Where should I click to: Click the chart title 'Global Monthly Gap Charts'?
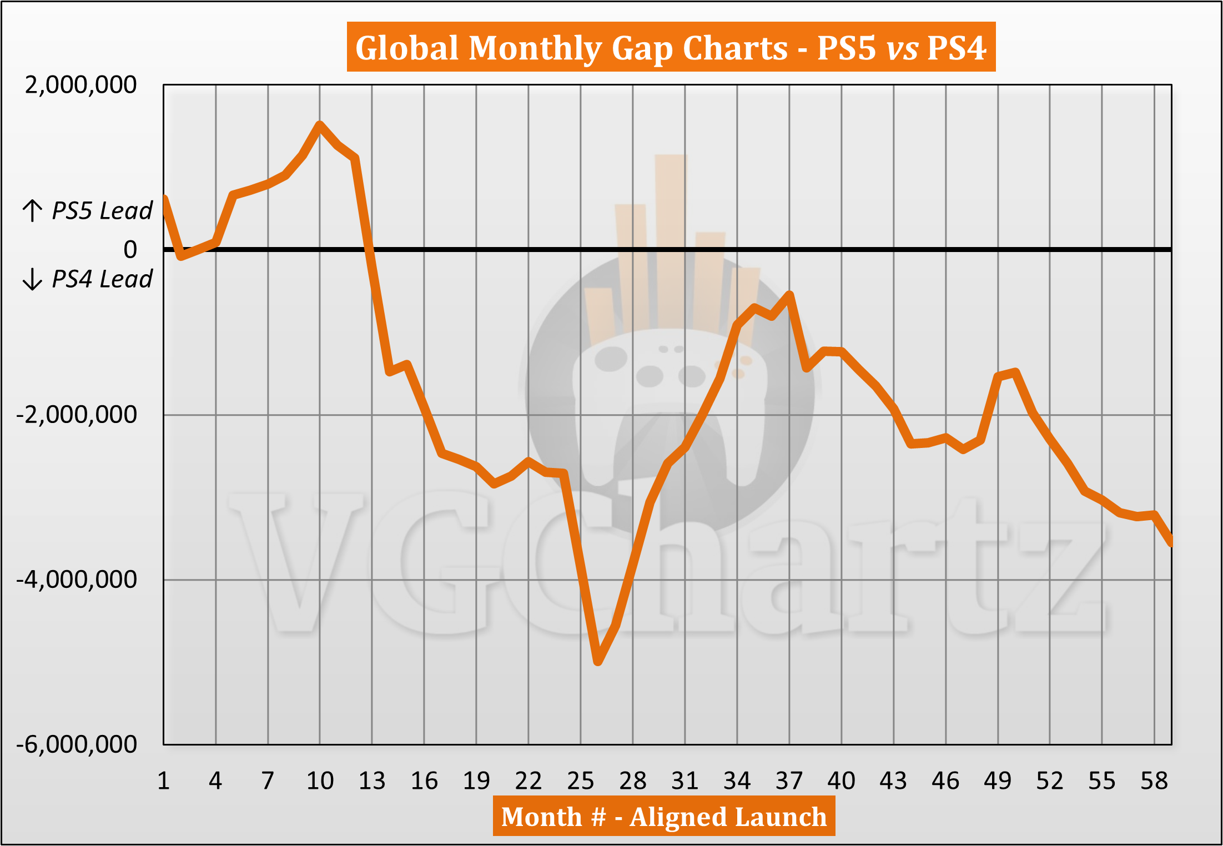(x=572, y=48)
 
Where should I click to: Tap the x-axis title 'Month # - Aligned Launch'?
(x=663, y=817)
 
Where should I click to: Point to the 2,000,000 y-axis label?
(x=81, y=85)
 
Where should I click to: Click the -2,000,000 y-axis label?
(x=77, y=415)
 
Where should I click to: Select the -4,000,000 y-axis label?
(x=77, y=580)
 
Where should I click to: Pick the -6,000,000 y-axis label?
(x=77, y=744)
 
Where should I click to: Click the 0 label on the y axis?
(x=130, y=250)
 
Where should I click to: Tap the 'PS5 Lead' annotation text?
(x=102, y=211)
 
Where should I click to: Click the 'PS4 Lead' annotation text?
(x=102, y=279)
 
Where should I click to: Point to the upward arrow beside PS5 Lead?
(x=32, y=211)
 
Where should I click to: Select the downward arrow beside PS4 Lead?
(x=32, y=279)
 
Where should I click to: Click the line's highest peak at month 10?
(x=320, y=124)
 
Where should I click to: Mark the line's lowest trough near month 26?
(x=598, y=662)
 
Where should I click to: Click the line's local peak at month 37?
(x=789, y=294)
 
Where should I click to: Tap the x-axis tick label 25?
(x=581, y=781)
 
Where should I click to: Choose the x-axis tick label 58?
(x=1154, y=781)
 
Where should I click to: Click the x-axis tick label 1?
(x=163, y=781)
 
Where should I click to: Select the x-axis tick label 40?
(x=842, y=781)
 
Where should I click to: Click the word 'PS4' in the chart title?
(x=957, y=48)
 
